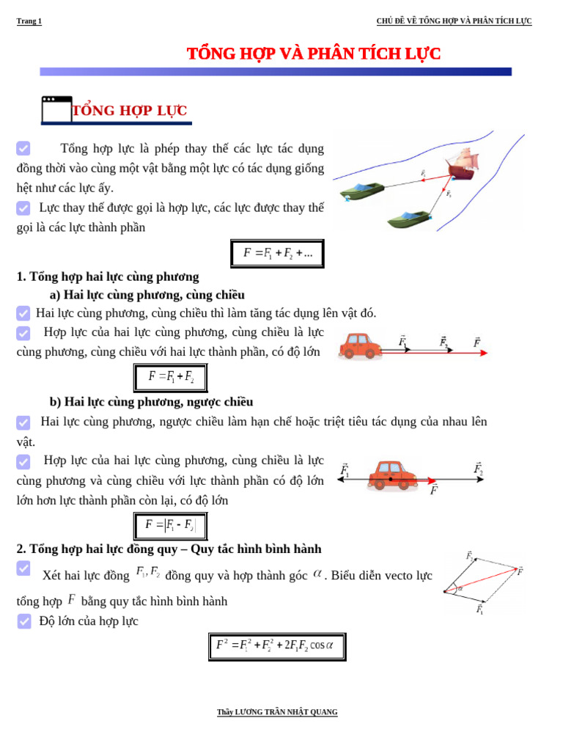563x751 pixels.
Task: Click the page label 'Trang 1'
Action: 29,21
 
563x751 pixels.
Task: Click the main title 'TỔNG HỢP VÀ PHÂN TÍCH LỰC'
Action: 314,54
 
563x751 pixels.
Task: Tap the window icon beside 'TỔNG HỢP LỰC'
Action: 56,109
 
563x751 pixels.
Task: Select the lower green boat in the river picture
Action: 408,219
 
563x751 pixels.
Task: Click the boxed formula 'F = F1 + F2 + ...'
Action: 277,254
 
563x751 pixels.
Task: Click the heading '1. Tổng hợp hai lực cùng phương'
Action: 108,276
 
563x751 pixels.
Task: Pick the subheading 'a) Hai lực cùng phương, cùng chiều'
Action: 147,295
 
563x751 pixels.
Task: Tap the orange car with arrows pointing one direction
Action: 359,346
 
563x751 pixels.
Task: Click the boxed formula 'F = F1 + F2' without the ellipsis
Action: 170,378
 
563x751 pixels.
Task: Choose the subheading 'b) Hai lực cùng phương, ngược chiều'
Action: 151,402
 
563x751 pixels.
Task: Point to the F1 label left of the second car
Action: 345,470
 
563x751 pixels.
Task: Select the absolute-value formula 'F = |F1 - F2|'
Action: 170,526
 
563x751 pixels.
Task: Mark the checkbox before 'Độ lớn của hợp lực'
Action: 24,621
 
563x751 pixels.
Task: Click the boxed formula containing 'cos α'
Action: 276,646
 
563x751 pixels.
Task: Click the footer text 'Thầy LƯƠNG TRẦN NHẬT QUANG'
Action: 277,712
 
